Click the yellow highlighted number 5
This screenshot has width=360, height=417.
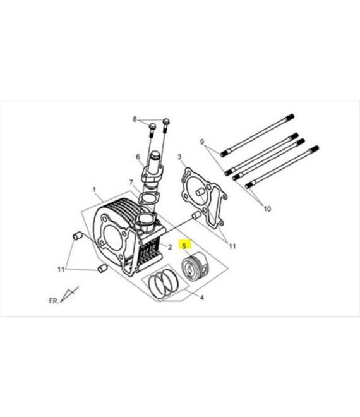coord(184,246)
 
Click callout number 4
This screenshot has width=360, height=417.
coord(202,298)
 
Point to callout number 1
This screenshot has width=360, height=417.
coord(94,190)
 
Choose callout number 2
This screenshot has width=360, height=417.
coord(170,247)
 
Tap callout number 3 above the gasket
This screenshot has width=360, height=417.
coord(179,157)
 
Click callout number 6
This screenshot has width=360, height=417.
coord(138,157)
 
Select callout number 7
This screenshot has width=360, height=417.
coord(131,183)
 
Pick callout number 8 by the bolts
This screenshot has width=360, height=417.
coord(135,119)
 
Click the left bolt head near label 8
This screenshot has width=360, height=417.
coord(152,126)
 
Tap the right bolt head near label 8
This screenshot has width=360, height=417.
coord(166,121)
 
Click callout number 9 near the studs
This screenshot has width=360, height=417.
coord(202,142)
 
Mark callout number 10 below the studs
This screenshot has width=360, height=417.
coord(267,208)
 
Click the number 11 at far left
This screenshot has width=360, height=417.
coord(61,269)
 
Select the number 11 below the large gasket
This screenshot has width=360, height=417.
coord(232,246)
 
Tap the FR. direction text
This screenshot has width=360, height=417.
coord(54,301)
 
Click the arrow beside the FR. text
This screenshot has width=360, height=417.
coord(69,294)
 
